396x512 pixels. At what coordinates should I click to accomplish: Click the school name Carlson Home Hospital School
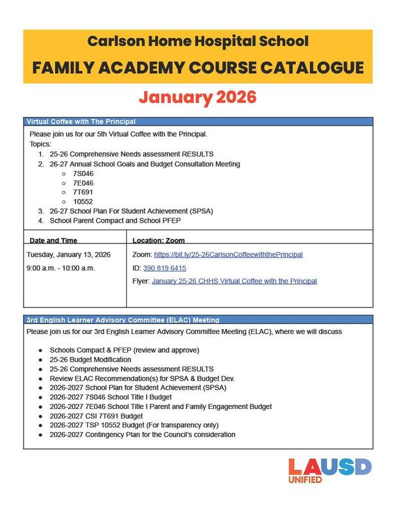coord(198,42)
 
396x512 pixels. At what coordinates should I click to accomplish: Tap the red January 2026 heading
coord(198,97)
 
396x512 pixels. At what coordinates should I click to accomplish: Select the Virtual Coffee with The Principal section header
coord(81,122)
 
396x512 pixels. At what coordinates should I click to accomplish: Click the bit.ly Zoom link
coord(228,255)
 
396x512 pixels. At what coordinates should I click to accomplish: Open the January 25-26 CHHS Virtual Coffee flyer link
coord(234,281)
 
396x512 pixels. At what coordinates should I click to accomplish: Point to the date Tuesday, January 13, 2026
coord(69,255)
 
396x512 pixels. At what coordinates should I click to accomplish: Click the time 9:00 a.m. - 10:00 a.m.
coord(61,268)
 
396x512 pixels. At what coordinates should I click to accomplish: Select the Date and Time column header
coord(54,241)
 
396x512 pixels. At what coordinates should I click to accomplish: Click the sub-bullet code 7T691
coord(83,192)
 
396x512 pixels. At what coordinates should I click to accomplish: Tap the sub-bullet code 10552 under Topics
coord(83,201)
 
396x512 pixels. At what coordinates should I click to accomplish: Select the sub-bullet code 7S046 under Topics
coord(83,173)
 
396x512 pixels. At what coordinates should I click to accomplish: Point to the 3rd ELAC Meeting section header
coord(123,319)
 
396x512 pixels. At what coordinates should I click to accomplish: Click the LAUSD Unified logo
coord(329,471)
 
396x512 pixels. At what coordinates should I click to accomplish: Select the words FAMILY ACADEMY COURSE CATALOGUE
coord(198,67)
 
